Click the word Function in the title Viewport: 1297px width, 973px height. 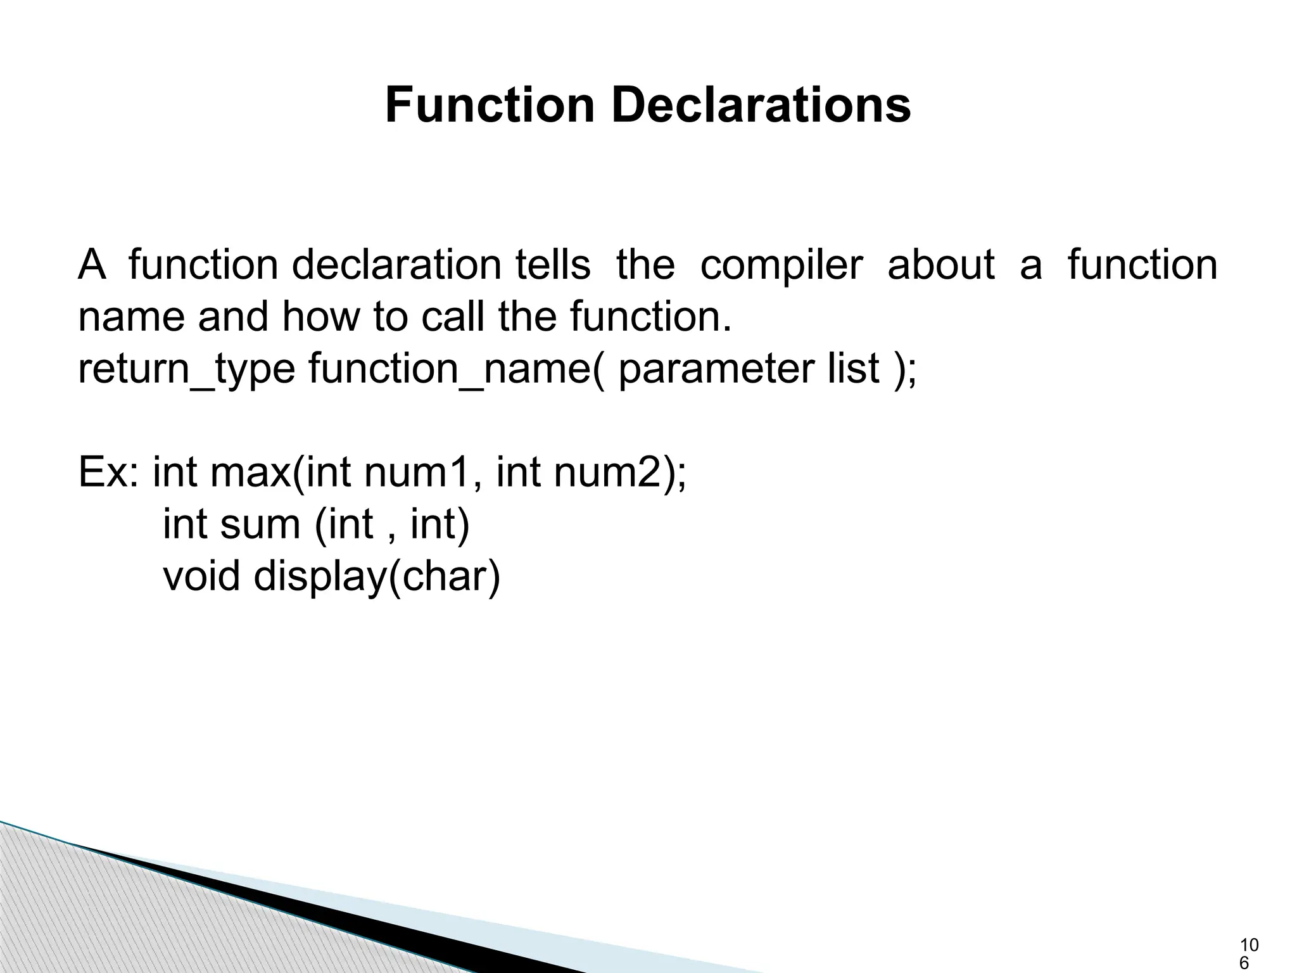pos(490,105)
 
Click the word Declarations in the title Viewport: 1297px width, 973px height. pos(761,105)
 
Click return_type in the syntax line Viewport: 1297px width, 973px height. pos(186,369)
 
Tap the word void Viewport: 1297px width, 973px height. pos(201,577)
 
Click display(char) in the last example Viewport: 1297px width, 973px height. pos(377,577)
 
